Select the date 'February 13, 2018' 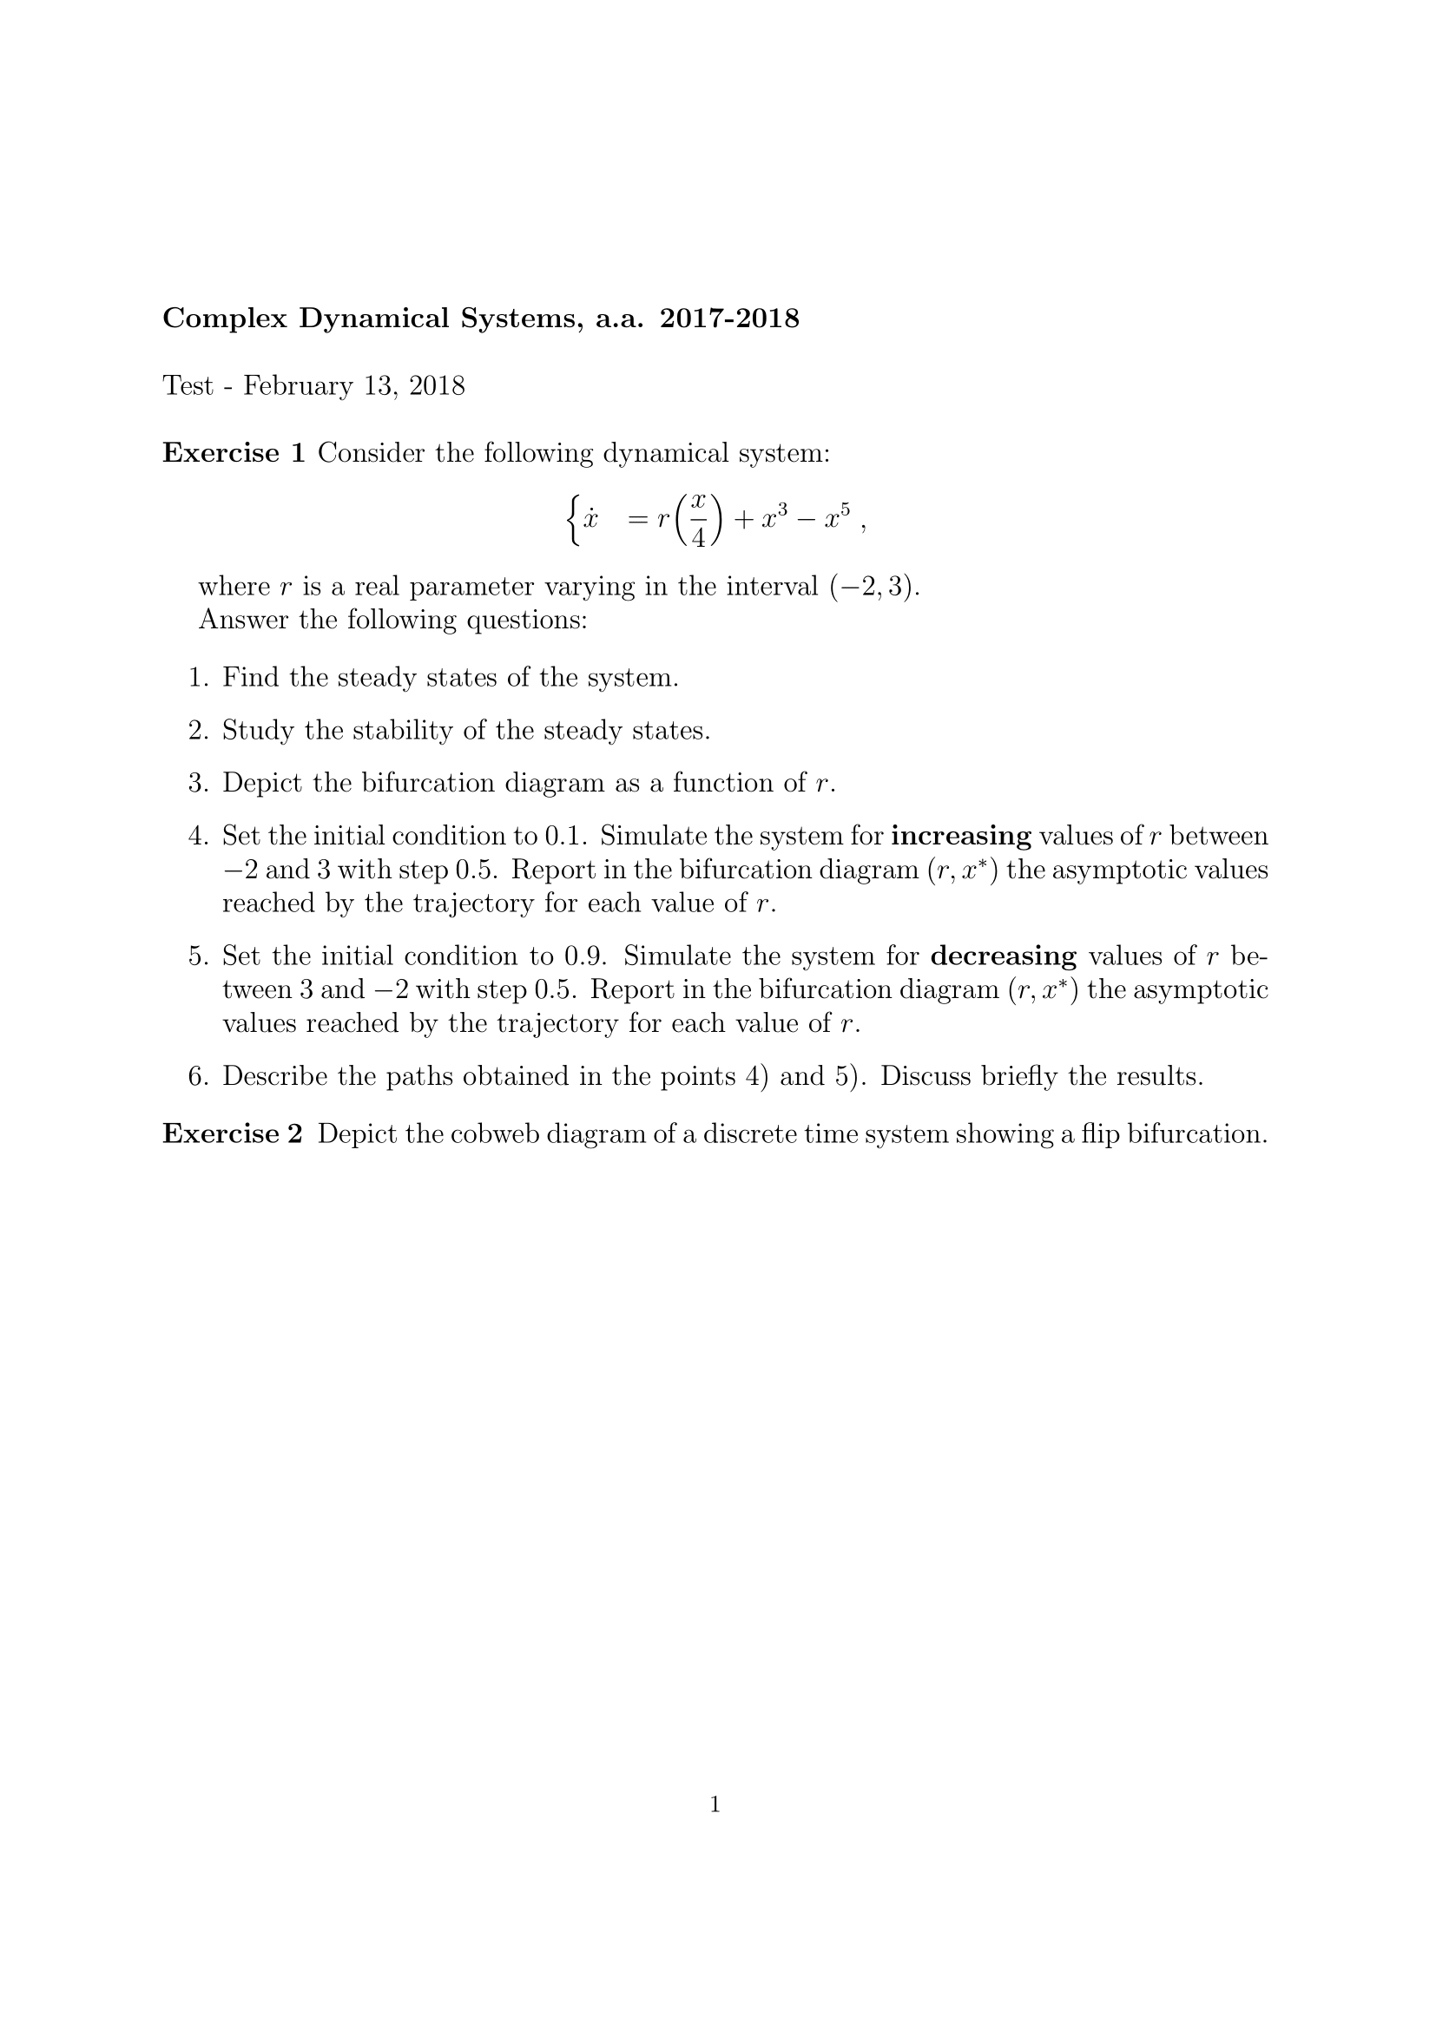click(353, 386)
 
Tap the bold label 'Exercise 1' click(234, 454)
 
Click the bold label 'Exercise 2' click(234, 1134)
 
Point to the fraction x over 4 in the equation click(699, 520)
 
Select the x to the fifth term click(836, 518)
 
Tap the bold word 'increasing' click(961, 837)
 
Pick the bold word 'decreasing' click(1004, 956)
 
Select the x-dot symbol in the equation click(590, 519)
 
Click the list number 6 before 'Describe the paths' click(196, 1077)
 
